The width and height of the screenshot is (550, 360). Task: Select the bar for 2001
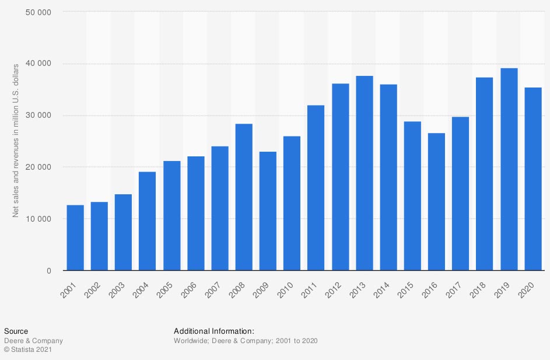click(75, 237)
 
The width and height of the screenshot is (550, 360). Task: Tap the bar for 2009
click(268, 211)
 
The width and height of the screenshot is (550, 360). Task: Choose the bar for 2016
click(436, 201)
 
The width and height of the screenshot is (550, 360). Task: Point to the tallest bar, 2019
click(509, 169)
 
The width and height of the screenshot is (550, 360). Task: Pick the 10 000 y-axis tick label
click(38, 219)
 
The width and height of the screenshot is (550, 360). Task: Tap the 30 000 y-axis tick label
click(38, 116)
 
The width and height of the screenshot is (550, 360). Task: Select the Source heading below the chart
click(16, 331)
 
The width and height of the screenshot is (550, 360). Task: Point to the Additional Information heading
click(214, 331)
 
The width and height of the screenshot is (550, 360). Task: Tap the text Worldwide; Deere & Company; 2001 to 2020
click(245, 341)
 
